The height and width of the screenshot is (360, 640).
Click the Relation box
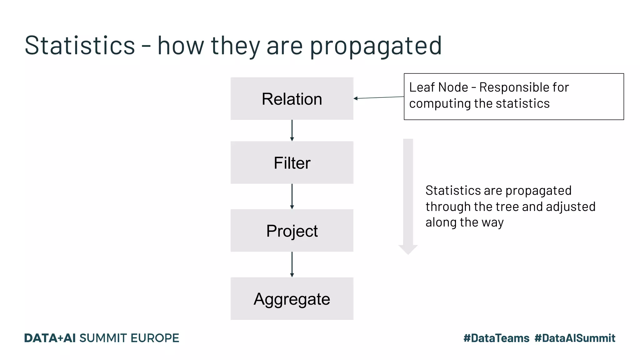292,99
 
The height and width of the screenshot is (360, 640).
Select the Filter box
292,163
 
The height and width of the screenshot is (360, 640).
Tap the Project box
292,231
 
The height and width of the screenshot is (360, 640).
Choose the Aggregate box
292,299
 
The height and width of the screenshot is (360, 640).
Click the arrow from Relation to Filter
292,130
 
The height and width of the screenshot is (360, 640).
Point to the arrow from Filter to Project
292,196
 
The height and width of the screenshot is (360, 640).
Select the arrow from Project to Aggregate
292,264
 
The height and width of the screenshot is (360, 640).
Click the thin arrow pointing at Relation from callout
379,97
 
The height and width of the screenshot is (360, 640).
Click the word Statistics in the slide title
80,46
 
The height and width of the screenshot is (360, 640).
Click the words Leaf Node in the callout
438,87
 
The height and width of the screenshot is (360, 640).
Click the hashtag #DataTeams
496,338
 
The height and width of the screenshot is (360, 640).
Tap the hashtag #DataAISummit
575,338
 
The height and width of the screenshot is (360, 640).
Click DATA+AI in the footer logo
50,338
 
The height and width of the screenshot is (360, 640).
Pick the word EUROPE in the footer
155,338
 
